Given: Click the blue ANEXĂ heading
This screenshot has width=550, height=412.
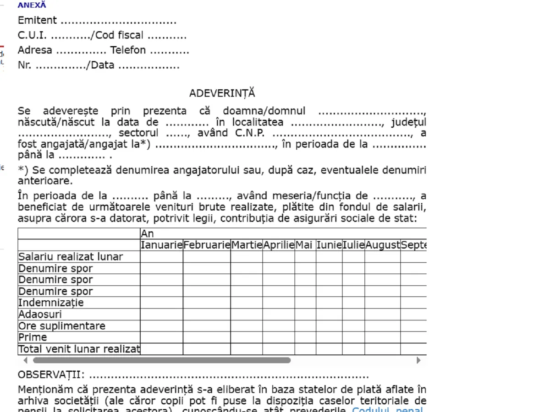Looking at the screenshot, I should tap(32, 5).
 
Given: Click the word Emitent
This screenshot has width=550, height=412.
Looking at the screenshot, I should tap(37, 21).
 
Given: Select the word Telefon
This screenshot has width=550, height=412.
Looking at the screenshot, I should tap(128, 50).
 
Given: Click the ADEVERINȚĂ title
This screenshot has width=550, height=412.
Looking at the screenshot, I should tap(222, 93).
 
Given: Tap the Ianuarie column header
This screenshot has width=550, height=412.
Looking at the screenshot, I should tap(161, 245).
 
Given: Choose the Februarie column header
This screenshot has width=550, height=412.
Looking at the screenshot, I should tap(207, 245).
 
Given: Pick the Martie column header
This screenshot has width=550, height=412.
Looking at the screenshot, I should tap(247, 245).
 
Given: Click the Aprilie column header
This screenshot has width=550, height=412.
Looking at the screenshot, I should tap(279, 245).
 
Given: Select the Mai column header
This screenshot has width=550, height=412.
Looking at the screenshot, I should tap(304, 245).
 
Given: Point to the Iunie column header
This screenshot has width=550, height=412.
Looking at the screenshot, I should tap(329, 245).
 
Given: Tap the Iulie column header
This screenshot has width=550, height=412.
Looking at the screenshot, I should tap(353, 245).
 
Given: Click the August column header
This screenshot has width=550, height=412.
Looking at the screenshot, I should tap(383, 245).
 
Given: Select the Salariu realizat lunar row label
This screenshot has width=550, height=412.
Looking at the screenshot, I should tap(71, 257).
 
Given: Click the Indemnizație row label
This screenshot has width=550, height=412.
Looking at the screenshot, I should tap(51, 303).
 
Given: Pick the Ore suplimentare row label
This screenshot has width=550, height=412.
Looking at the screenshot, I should tap(62, 326).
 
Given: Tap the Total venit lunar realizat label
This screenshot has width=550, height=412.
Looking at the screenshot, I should tap(79, 349).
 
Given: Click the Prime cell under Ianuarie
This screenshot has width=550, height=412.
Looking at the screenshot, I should tap(161, 337).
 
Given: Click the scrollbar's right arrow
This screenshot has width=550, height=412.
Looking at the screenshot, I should tap(418, 360).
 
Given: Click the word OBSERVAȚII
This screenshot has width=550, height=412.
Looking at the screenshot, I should tap(51, 375).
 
